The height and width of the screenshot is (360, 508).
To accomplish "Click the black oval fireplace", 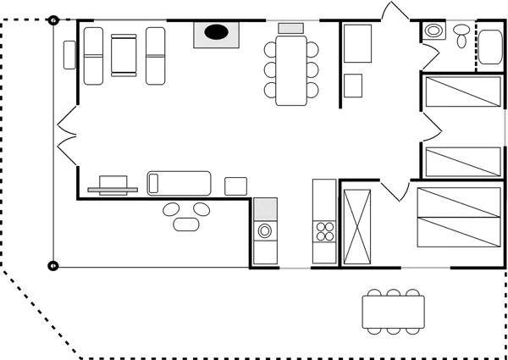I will point(218,33).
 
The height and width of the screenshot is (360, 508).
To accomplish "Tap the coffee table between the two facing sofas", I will point(124,55).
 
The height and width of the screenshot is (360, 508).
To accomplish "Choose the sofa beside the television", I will point(179,182).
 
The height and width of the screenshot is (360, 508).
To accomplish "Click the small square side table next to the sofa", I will point(235,186).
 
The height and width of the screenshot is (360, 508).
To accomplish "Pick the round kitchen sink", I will point(265,230).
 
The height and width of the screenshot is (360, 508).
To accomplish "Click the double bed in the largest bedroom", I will point(458,217).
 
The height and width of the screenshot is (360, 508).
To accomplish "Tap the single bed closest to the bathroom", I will point(463,91).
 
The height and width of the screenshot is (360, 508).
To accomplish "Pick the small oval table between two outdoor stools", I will point(185,224).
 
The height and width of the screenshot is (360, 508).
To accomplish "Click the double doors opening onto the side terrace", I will point(64,135).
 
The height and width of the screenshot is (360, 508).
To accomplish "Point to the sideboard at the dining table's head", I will point(291,28).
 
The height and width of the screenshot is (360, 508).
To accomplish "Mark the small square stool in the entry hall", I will point(353,85).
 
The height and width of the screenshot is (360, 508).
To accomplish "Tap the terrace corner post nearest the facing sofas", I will point(53,19).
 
